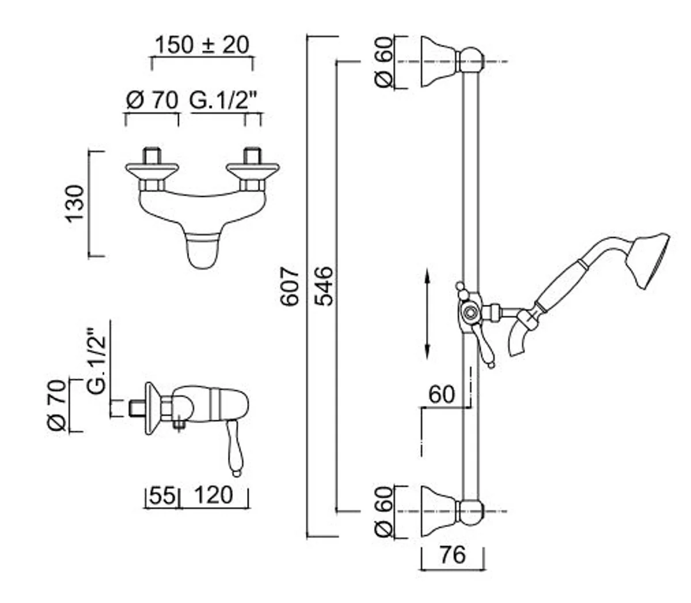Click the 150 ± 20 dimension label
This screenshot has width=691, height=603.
202,44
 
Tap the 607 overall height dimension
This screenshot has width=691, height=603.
291,286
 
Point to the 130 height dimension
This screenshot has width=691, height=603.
75,203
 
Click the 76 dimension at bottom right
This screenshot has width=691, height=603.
451,555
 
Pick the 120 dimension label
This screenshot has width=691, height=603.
214,495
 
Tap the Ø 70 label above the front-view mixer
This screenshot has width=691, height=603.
152,101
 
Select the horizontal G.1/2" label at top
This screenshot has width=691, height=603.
223,101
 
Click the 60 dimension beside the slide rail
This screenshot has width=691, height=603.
442,395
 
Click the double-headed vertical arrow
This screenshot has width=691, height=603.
427,314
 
